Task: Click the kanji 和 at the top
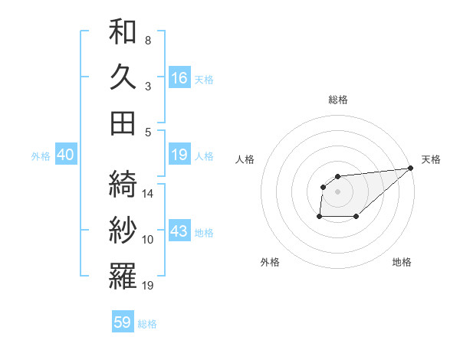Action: click(123, 32)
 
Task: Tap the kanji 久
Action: click(123, 77)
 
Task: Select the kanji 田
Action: click(123, 123)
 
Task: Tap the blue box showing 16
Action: click(179, 78)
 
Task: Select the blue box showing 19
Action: click(179, 155)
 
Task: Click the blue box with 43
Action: click(179, 231)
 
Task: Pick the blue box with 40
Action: click(65, 155)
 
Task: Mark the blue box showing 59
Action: click(123, 322)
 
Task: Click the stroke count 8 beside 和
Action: click(147, 40)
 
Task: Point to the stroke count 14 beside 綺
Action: click(148, 194)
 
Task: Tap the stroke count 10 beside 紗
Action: click(148, 240)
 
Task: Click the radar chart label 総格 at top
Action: click(337, 100)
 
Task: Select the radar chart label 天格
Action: click(431, 159)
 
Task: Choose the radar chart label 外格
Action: click(270, 262)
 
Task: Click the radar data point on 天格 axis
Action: click(411, 169)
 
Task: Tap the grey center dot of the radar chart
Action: click(337, 191)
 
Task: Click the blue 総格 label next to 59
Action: click(148, 324)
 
